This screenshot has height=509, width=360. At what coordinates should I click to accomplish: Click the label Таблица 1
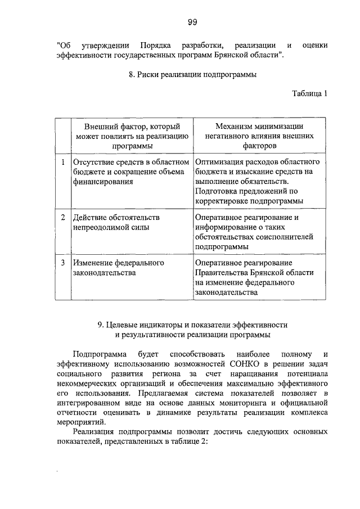(309, 93)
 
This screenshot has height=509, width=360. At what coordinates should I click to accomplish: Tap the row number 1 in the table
(63, 163)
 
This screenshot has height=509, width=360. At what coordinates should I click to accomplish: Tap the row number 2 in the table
(63, 217)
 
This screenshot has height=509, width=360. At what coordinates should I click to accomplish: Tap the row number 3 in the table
(63, 263)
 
